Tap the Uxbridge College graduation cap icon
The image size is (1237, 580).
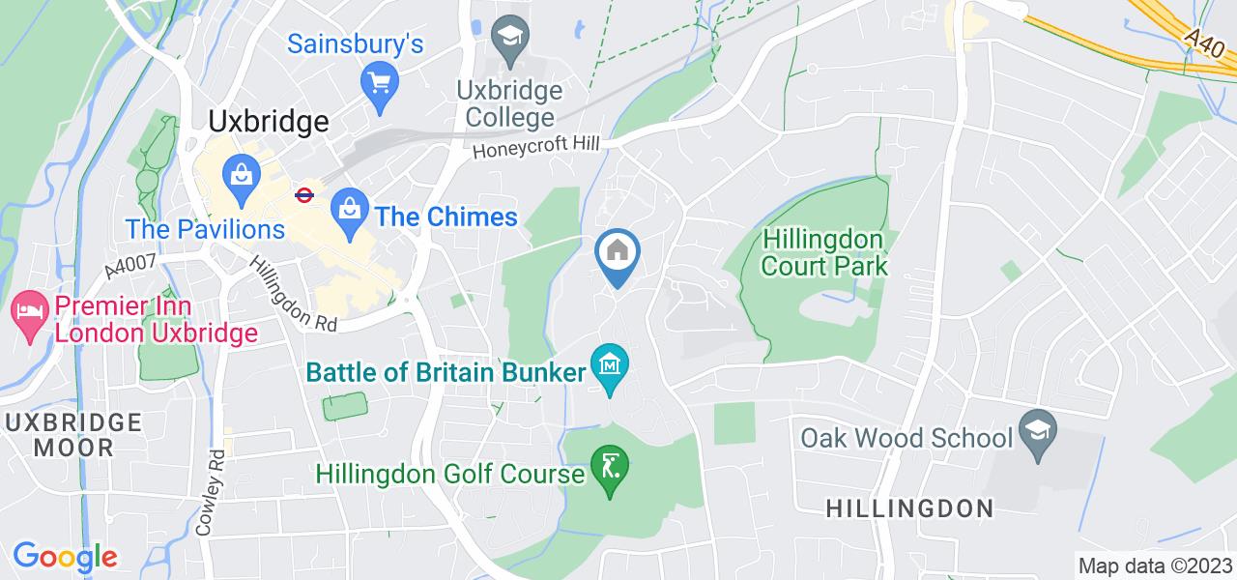point(505,38)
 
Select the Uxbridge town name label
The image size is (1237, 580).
point(268,122)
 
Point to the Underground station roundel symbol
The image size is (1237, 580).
point(303,193)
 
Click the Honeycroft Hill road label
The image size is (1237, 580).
point(536,145)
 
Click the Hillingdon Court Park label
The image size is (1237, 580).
point(823,251)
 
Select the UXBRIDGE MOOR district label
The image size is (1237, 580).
point(73,435)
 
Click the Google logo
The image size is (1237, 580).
point(64,557)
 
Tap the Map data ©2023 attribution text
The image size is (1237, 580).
point(1156,565)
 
